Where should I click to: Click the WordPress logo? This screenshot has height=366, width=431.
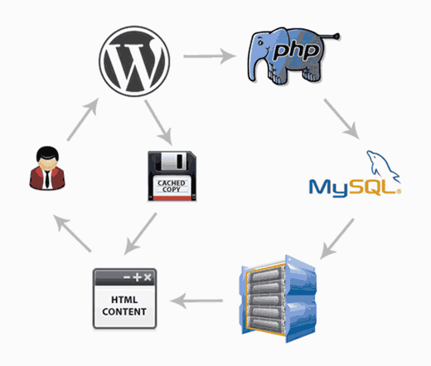(135, 60)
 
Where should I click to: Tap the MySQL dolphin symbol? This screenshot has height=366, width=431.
(380, 162)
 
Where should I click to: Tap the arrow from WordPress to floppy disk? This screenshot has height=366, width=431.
(160, 123)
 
